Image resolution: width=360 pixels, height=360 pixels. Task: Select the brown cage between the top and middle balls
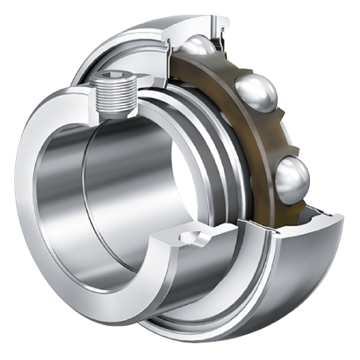(x=231, y=68)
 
